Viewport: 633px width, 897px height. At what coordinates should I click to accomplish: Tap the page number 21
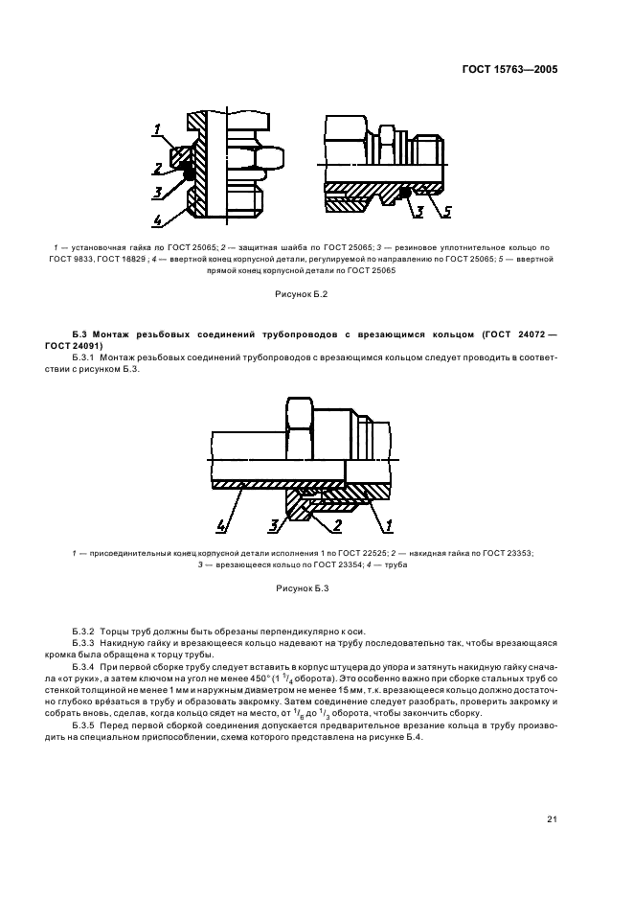(x=552, y=818)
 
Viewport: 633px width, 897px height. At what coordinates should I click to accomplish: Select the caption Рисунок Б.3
(x=302, y=588)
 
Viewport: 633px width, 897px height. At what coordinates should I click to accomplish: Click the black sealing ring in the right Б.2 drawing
(x=406, y=193)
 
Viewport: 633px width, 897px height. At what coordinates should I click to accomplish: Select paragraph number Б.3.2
(x=85, y=632)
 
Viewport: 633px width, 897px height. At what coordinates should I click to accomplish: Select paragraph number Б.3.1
(x=85, y=356)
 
